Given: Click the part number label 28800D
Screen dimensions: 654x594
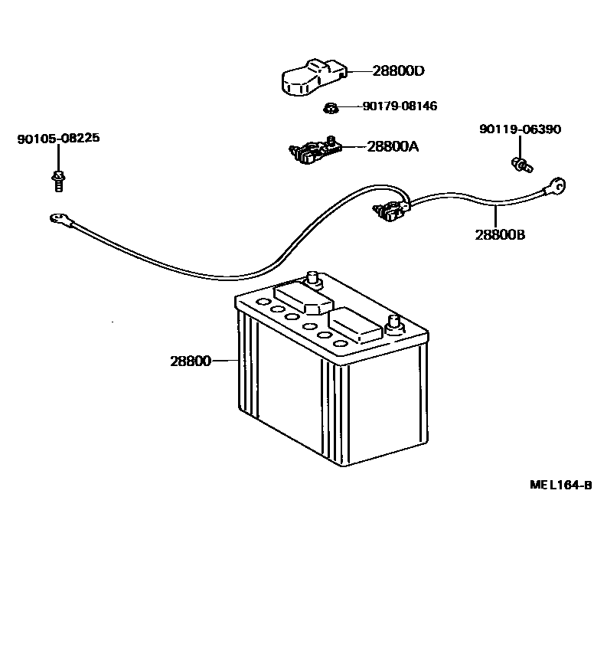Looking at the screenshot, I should (398, 71).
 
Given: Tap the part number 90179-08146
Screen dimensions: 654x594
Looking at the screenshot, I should (400, 106).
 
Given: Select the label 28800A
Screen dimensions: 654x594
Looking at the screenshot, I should (393, 146).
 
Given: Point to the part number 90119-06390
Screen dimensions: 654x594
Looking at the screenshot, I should (520, 129).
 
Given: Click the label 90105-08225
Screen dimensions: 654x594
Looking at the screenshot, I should (58, 139).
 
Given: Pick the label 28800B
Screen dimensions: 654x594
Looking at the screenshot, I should (500, 234).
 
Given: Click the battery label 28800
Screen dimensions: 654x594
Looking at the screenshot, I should (190, 361).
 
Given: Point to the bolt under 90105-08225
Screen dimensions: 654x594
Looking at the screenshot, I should (58, 181).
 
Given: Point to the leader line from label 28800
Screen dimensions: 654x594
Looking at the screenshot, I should (224, 361).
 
